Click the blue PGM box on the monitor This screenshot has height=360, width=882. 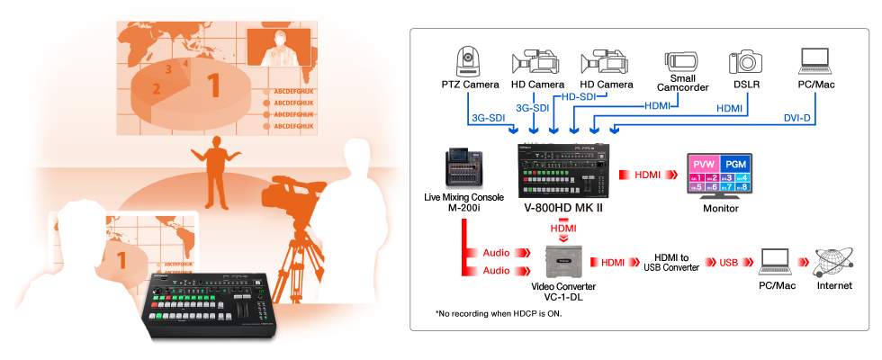735,165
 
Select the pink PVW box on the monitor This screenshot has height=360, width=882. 704,165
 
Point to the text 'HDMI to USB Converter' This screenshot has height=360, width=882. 671,262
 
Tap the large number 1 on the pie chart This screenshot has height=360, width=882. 213,85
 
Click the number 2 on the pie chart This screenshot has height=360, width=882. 156,88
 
